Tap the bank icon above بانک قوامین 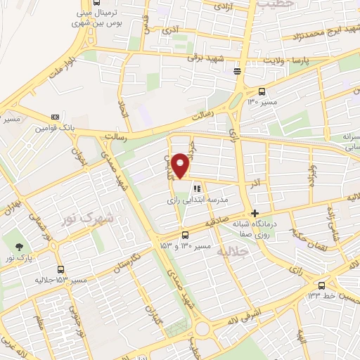coord(55,117)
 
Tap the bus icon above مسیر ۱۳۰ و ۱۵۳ coord(185,235)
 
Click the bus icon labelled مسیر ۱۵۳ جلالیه coord(60,269)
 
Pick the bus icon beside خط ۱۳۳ coord(321,285)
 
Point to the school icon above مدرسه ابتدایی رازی coord(198,188)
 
